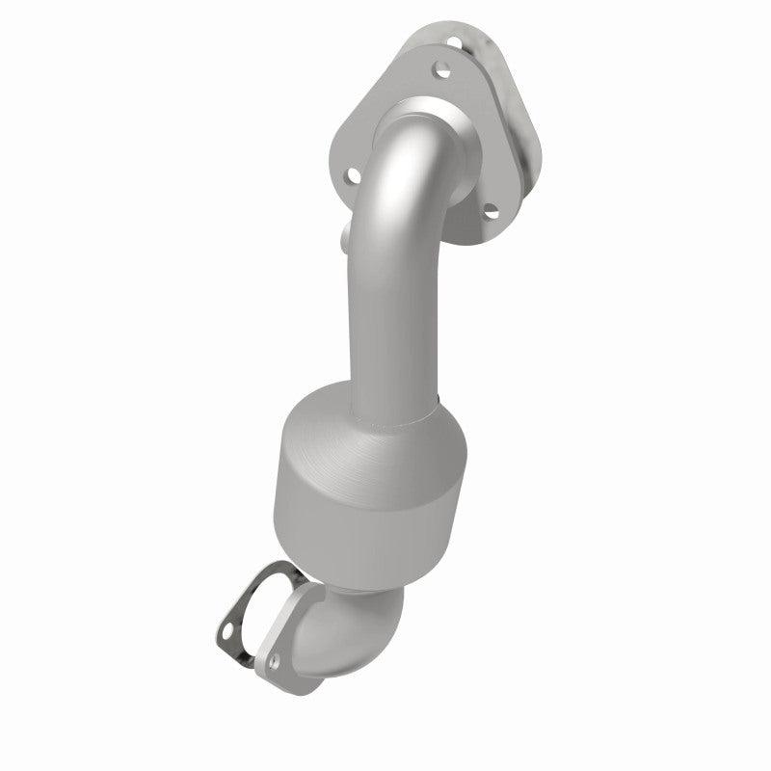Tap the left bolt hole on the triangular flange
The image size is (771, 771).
pyautogui.click(x=353, y=175)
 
